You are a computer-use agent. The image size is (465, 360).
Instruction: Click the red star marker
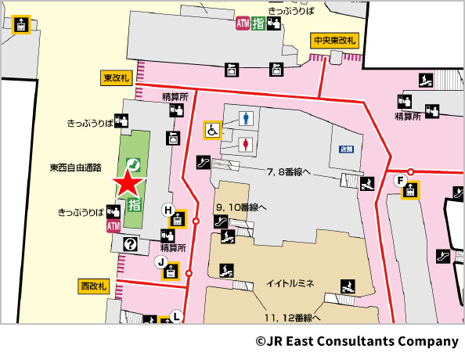click(129, 184)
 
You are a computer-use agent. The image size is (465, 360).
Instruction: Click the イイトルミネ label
click(290, 283)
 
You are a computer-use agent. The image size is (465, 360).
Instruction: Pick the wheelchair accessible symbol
click(213, 130)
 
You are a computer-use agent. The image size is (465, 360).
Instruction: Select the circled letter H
click(167, 209)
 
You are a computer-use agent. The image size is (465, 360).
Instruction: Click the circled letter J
click(160, 261)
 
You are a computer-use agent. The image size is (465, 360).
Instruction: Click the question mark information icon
click(130, 244)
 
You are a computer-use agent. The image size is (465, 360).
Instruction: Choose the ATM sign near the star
click(114, 225)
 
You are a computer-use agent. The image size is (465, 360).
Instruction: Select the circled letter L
click(176, 316)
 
